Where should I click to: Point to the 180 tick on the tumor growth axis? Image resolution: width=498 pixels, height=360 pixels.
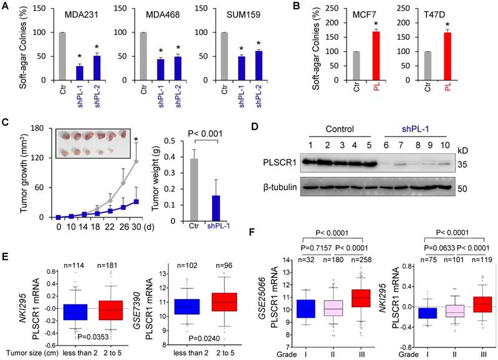pyautogui.click(x=44, y=128)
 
